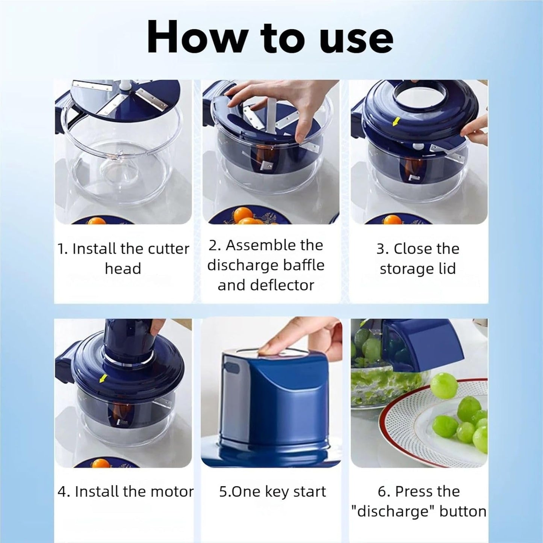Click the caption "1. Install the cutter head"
tap(123, 259)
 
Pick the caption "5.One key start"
tap(272, 492)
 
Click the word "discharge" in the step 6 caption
tap(393, 511)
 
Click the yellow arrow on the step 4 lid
tap(101, 380)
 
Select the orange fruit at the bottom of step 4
tap(101, 463)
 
